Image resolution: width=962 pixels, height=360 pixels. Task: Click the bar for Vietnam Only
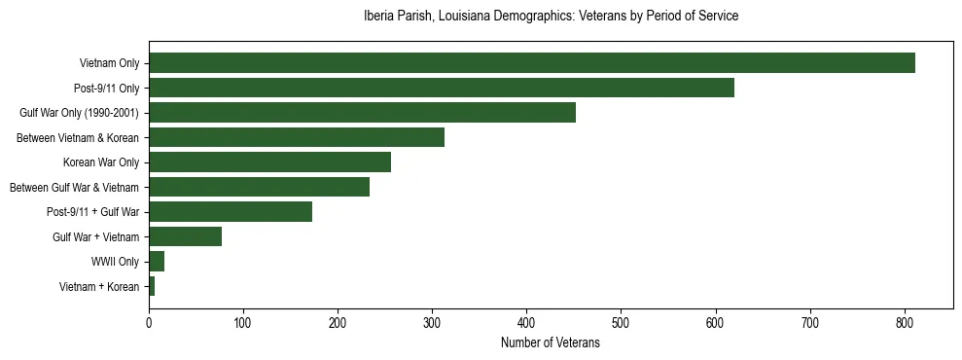coord(532,63)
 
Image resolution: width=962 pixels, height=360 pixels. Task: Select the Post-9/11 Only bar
coord(442,89)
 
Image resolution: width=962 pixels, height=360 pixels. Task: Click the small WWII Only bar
coord(157,261)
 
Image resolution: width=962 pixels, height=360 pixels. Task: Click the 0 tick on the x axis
coord(149,322)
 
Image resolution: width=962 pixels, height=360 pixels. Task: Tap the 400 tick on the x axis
coord(526,322)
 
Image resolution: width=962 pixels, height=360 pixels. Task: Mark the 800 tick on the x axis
coord(905,322)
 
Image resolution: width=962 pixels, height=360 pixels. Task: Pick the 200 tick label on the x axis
coord(338,322)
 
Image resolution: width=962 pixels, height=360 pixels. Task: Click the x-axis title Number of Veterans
coord(550,342)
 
